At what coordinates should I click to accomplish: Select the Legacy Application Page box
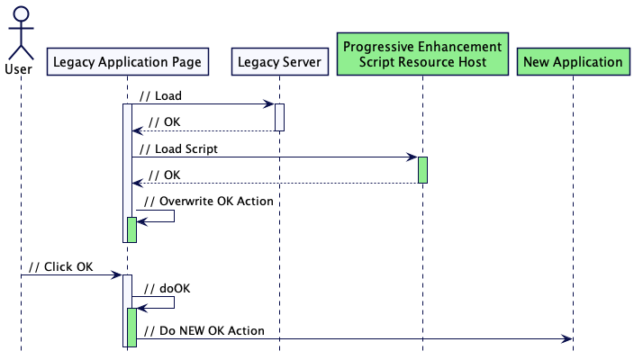(127, 62)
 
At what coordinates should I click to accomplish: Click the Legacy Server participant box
(278, 62)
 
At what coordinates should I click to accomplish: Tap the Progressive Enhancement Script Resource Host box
(422, 54)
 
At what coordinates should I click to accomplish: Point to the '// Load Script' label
(178, 148)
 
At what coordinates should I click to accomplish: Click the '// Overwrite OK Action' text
(208, 201)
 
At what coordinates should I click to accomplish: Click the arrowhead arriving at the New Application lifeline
(566, 338)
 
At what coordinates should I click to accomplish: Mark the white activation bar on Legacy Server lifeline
(279, 117)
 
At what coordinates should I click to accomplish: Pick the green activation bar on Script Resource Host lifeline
(422, 170)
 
